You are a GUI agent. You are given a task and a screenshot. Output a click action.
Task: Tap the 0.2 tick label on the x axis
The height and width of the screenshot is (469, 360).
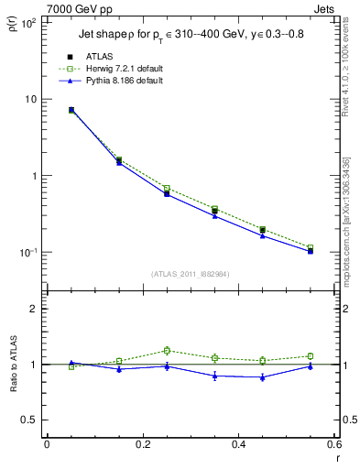142,444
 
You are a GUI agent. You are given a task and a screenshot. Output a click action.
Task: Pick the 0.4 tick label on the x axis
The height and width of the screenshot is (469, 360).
238,444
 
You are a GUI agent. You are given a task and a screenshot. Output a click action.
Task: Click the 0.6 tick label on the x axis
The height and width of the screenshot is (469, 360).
333,444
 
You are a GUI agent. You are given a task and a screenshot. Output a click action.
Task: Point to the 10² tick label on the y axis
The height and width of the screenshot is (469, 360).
28,22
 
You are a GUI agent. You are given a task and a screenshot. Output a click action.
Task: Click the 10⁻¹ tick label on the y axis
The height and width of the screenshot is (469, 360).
28,252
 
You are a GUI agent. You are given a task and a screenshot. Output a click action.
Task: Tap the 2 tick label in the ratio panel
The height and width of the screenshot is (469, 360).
35,309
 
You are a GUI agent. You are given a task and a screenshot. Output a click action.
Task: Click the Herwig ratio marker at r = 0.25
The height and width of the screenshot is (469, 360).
167,350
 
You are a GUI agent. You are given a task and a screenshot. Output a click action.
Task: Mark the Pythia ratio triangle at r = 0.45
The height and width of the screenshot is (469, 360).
262,376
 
